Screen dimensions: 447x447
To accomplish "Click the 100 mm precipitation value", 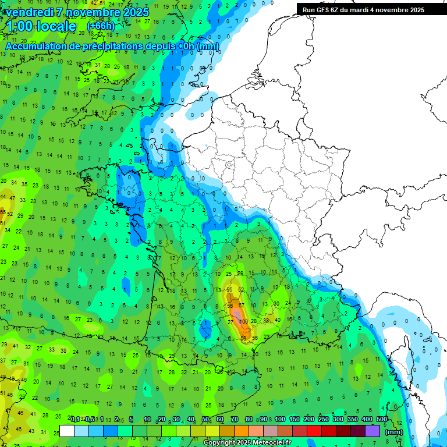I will click(x=243, y=321).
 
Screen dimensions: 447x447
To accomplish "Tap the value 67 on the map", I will click(x=241, y=306).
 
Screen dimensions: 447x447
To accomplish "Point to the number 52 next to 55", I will click(x=241, y=289).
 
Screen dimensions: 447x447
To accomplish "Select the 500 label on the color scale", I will click(x=381, y=420).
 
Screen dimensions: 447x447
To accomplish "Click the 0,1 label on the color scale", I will click(x=74, y=420).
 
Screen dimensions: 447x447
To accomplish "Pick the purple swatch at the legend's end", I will click(x=372, y=431).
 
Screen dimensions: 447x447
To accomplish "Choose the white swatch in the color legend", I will click(x=67, y=431).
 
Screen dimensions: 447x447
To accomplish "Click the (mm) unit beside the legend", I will click(x=394, y=432).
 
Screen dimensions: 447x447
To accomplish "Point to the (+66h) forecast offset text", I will click(x=101, y=26).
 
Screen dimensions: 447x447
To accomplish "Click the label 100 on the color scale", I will click(x=279, y=420).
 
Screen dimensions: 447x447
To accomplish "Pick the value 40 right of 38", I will click(x=278, y=320).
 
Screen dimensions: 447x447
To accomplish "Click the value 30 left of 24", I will click(x=277, y=303).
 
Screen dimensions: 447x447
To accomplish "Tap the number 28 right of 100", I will click(x=254, y=321).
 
